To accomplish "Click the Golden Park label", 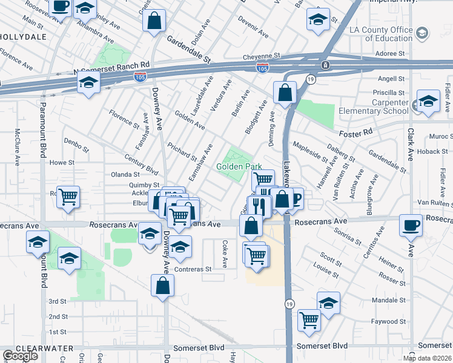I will [239, 166].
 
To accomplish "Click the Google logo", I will [20, 355].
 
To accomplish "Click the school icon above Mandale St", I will [328, 302].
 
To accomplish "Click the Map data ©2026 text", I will [426, 358].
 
